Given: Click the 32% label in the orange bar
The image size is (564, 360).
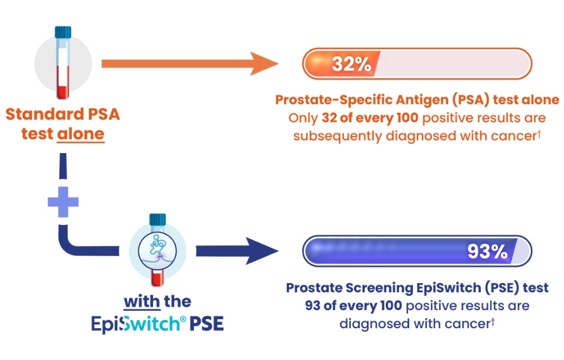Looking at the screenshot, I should coord(352,64).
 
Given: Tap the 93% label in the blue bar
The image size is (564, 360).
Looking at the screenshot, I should coord(487,251).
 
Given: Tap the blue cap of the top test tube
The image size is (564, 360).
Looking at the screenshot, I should coord(62,32).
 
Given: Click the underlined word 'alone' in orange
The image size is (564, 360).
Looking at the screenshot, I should coord(80,133).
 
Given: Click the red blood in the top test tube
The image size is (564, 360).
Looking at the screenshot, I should coord(62,84).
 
